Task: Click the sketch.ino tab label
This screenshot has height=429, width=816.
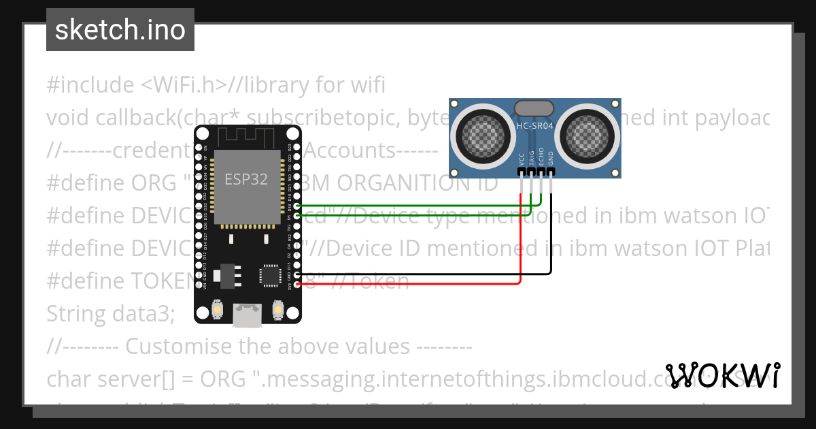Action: click(120, 30)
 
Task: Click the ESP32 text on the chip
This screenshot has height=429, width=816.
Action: click(246, 179)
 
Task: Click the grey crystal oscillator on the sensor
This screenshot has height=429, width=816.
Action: click(534, 108)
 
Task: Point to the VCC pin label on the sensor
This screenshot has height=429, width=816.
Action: click(522, 159)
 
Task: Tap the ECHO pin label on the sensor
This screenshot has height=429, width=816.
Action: click(541, 157)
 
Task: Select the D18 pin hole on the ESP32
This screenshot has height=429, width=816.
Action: click(296, 205)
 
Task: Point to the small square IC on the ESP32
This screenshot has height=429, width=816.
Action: click(269, 276)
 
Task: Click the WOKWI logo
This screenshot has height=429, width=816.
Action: click(723, 375)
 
